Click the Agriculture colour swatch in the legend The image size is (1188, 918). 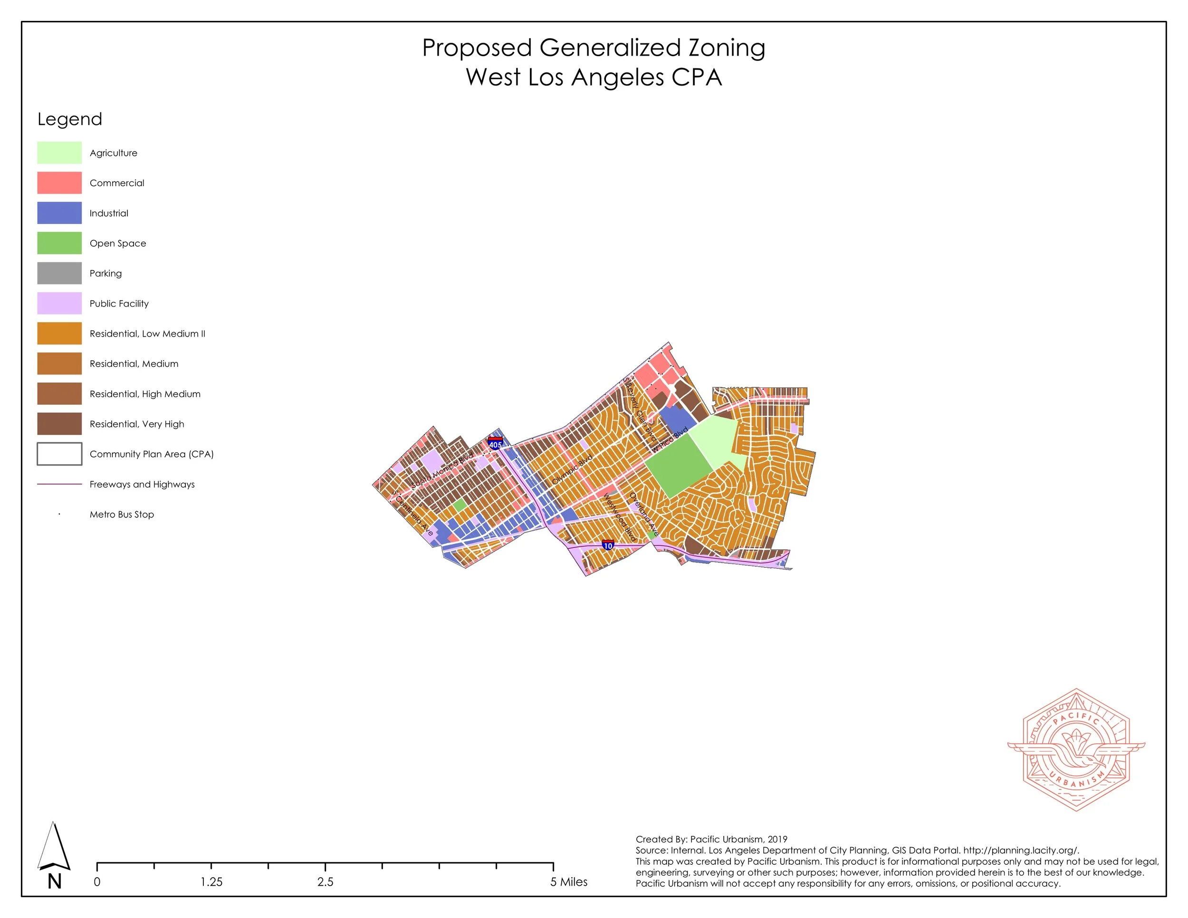[x=59, y=153]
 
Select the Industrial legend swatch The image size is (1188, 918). [x=59, y=213]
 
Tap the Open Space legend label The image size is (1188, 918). [x=117, y=244]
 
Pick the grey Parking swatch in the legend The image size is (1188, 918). [x=59, y=274]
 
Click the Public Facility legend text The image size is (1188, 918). [x=119, y=304]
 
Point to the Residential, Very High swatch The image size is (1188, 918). [x=59, y=424]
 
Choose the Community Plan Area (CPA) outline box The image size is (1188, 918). [x=59, y=454]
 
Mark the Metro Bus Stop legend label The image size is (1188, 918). [x=121, y=515]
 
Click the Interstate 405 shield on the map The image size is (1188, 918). [x=495, y=444]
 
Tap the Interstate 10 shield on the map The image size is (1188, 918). [x=608, y=545]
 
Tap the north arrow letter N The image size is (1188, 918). [x=54, y=881]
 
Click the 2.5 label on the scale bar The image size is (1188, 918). [x=326, y=881]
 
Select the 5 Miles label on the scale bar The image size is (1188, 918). [x=568, y=881]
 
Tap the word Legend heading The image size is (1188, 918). [x=70, y=119]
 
